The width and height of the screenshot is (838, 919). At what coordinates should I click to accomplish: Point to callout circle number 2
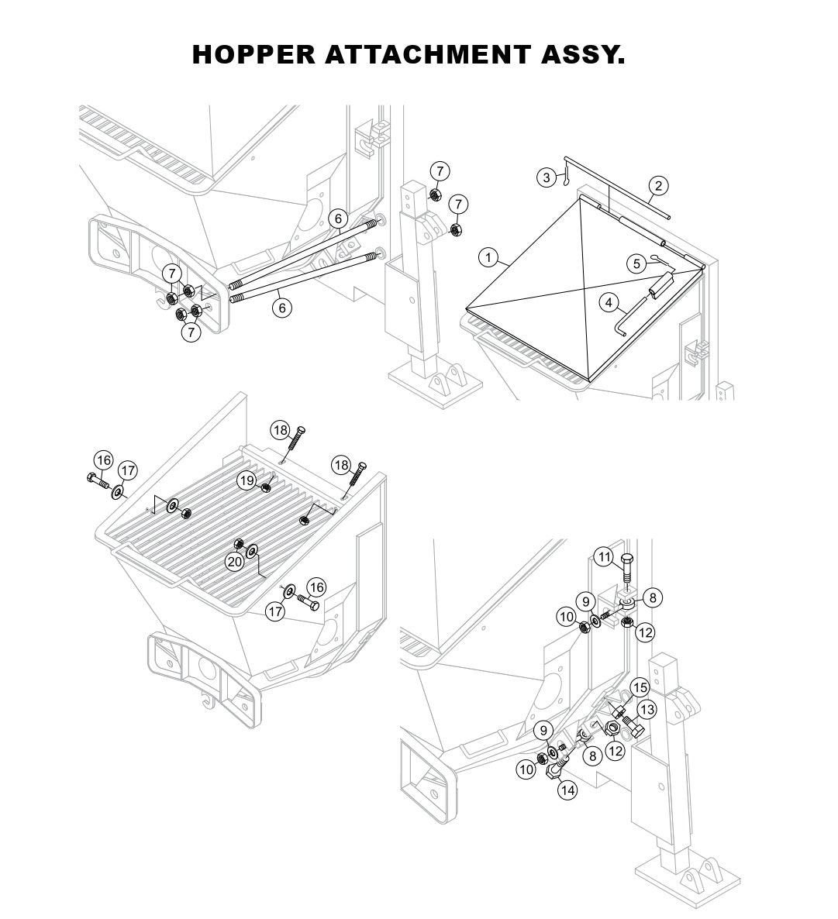tap(658, 185)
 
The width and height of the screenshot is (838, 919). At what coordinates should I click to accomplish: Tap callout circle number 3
tap(547, 178)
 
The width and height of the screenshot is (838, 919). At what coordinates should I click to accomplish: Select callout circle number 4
tap(609, 301)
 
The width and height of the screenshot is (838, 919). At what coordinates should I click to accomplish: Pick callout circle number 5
tap(636, 264)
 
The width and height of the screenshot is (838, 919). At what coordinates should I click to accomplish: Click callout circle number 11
tap(605, 557)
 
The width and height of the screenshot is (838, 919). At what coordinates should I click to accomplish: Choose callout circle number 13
tap(647, 709)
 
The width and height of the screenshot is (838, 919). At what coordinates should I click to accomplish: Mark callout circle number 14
tap(568, 790)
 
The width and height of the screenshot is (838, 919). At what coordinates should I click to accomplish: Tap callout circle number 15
tap(640, 687)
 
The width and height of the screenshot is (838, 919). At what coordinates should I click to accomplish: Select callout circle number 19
tap(247, 481)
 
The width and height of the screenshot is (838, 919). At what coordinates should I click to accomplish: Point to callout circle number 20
tap(235, 562)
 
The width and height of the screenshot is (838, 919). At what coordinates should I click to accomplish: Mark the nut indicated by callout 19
tap(266, 487)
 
